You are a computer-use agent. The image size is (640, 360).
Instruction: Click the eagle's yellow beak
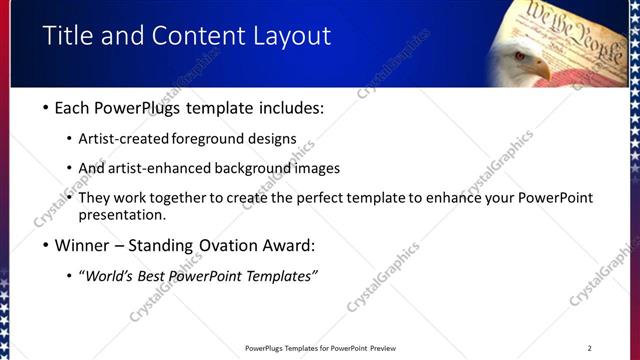pyautogui.click(x=540, y=69)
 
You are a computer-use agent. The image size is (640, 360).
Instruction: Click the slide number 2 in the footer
pyautogui.click(x=589, y=348)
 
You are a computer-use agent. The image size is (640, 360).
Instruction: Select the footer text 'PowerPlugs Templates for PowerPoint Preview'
pyautogui.click(x=319, y=348)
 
